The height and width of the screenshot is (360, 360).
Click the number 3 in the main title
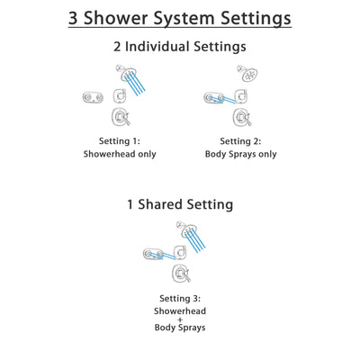click(x=77, y=18)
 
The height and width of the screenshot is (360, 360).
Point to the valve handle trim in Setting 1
click(x=120, y=118)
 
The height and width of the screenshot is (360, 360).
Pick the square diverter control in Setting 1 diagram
click(x=120, y=95)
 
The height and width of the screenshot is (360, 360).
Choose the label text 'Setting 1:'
click(x=121, y=141)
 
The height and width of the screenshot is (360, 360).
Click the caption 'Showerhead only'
click(x=121, y=154)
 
